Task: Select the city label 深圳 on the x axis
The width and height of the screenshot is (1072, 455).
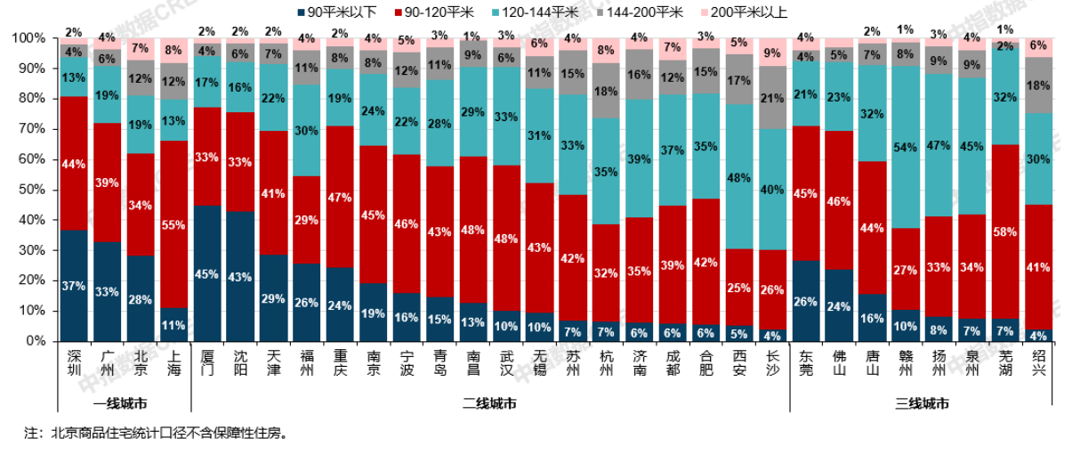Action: click(x=75, y=363)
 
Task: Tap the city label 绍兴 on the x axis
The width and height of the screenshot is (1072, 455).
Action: click(x=1039, y=363)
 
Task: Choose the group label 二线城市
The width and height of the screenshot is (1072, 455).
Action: click(x=490, y=403)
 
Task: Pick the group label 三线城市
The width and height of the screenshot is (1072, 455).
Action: click(x=921, y=403)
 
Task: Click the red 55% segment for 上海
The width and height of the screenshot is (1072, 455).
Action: click(x=174, y=224)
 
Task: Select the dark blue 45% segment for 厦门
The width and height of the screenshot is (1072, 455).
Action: click(x=207, y=273)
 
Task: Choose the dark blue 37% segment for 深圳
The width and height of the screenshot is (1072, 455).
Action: click(x=75, y=285)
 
